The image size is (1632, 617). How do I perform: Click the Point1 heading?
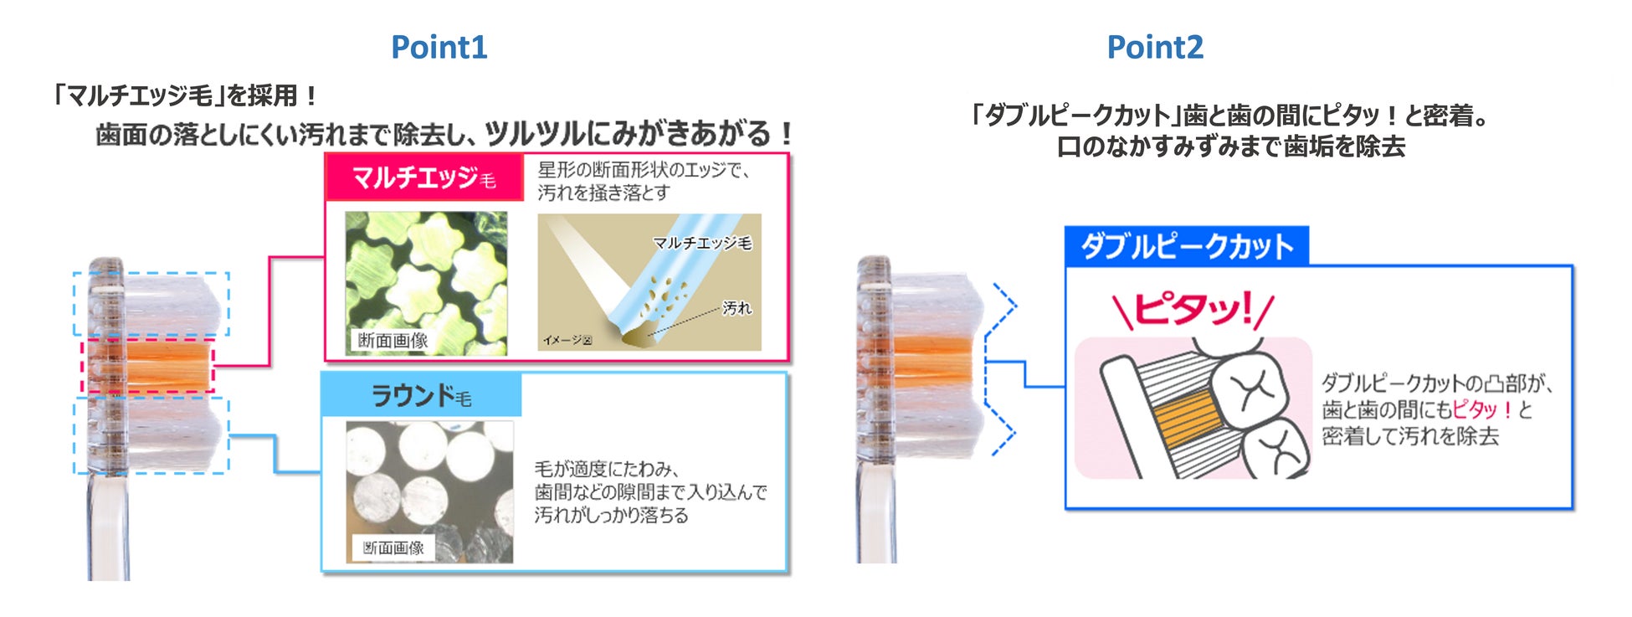pyautogui.click(x=439, y=47)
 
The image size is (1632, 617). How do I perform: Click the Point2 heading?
pyautogui.click(x=1155, y=47)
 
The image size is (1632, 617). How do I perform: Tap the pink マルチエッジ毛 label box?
pyautogui.click(x=424, y=177)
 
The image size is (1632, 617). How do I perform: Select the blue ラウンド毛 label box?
pyautogui.click(x=422, y=395)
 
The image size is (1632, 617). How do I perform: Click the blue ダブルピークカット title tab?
pyautogui.click(x=1187, y=246)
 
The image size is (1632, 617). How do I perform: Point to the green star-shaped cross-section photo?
pyautogui.click(x=426, y=283)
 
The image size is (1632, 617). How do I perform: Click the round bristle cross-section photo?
pyautogui.click(x=429, y=491)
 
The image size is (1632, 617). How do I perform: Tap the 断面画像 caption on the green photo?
pyautogui.click(x=393, y=340)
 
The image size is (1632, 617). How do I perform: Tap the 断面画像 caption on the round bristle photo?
pyautogui.click(x=393, y=548)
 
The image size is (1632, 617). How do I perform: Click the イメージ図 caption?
pyautogui.click(x=567, y=340)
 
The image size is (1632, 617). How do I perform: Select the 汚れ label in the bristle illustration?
pyautogui.click(x=736, y=308)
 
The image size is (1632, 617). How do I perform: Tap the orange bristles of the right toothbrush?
pyautogui.click(x=932, y=366)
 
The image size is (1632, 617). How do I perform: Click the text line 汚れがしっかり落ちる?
pyautogui.click(x=611, y=515)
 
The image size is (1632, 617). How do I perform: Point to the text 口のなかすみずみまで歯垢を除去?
pyautogui.click(x=1230, y=147)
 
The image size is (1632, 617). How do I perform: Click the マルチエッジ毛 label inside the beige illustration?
pyautogui.click(x=702, y=243)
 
